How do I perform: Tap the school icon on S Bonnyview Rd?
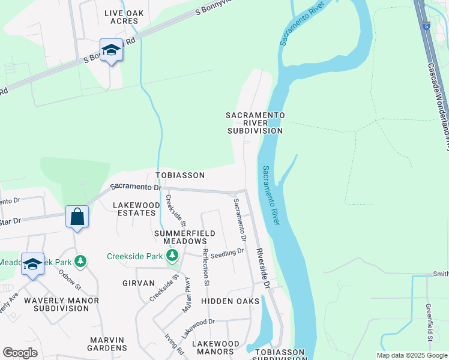(110, 50)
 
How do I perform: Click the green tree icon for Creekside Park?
(173, 256)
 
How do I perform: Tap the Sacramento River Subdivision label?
(255, 122)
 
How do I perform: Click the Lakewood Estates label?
(136, 209)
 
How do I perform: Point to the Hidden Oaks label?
(229, 300)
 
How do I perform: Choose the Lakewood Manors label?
(215, 347)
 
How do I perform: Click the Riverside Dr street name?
(264, 268)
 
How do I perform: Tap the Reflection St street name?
(205, 266)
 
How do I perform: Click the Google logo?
(20, 353)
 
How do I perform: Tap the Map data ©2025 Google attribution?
(411, 355)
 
